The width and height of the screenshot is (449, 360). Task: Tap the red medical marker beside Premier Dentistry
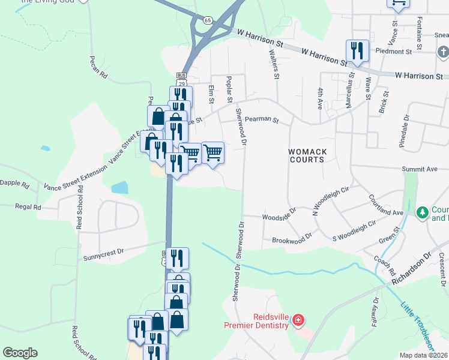tap(297, 321)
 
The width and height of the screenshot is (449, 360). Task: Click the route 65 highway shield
tap(207, 20)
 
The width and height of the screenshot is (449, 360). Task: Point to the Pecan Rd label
tap(98, 68)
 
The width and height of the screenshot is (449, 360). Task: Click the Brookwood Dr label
tap(292, 238)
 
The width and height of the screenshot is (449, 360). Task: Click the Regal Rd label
tap(29, 206)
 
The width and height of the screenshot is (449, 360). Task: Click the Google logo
tap(20, 353)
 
